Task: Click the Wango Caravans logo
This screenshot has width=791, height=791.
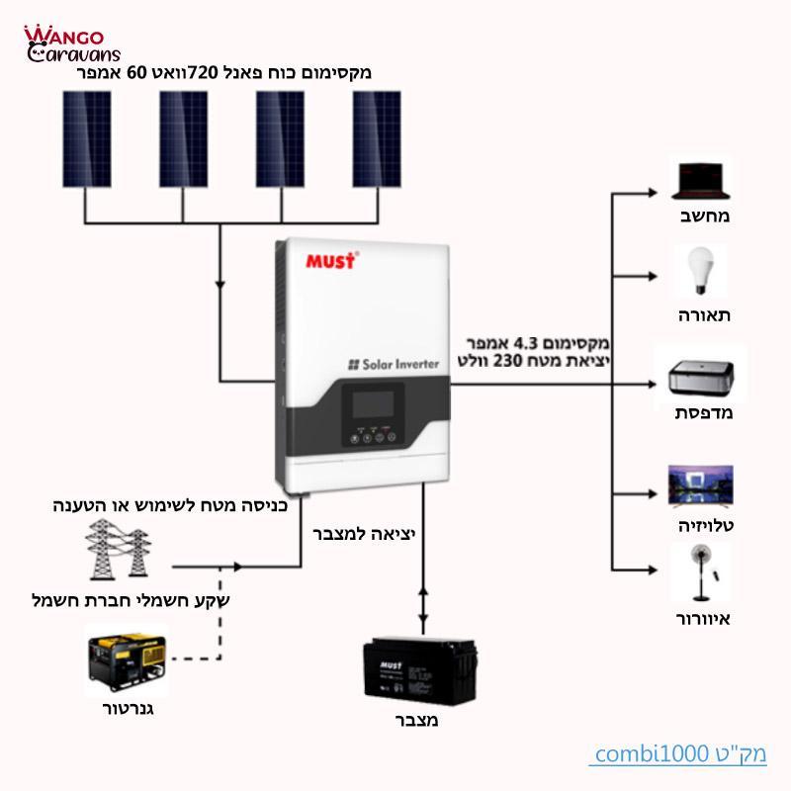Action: click(x=72, y=43)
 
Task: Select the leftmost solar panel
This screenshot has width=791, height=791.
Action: click(x=87, y=138)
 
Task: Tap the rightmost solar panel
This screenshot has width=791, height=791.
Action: click(x=377, y=138)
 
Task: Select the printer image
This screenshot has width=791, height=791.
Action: click(x=700, y=378)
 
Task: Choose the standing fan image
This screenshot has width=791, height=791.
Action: click(x=700, y=572)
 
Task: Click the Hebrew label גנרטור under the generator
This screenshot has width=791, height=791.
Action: click(x=129, y=709)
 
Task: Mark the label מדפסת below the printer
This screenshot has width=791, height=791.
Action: click(x=703, y=412)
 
